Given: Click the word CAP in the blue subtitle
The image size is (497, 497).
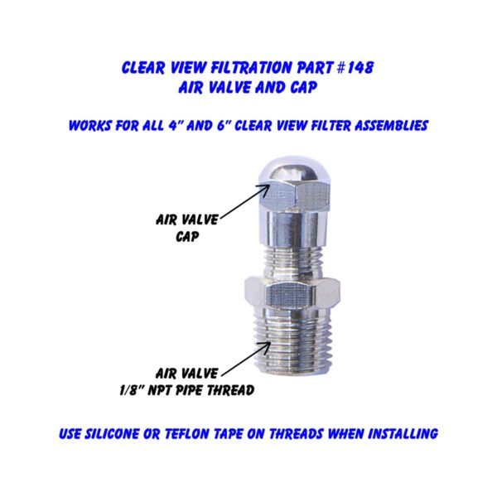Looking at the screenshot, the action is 303,87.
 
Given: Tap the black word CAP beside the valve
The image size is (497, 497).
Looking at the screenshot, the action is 187,236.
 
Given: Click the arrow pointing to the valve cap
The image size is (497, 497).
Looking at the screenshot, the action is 245,201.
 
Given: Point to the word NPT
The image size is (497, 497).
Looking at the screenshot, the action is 161,390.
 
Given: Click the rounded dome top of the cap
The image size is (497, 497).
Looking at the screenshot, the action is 294,172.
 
